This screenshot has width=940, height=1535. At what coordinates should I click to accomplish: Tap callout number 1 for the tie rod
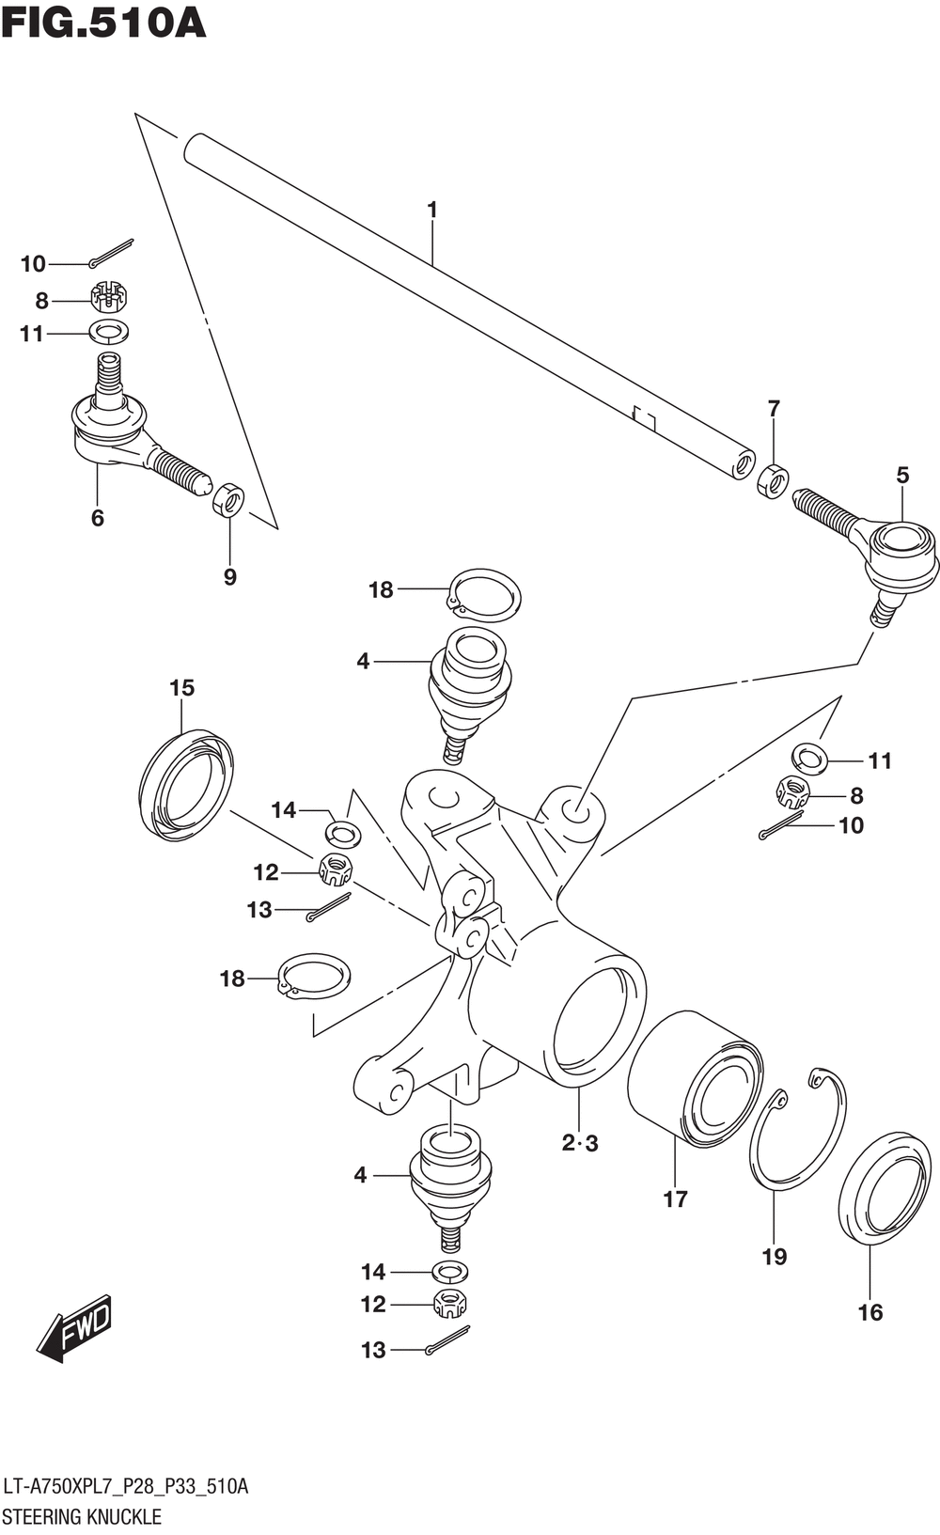tap(432, 210)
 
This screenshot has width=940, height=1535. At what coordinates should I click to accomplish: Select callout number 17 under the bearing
tap(675, 1198)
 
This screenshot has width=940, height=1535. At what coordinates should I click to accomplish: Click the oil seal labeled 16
tap(885, 1189)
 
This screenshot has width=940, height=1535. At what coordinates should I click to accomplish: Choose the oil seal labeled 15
tap(186, 782)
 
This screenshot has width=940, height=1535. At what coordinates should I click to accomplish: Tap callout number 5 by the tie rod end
tap(902, 476)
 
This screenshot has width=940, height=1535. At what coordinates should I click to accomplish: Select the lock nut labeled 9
tap(228, 500)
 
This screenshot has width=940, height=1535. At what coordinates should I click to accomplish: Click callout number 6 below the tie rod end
tap(98, 518)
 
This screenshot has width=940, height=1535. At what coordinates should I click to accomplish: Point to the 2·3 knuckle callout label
tap(580, 1143)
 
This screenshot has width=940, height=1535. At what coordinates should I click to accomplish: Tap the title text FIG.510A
tap(103, 23)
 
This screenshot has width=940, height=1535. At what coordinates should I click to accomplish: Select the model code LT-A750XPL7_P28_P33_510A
tap(125, 1486)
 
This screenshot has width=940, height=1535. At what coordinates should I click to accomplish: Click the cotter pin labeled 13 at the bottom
tap(447, 1339)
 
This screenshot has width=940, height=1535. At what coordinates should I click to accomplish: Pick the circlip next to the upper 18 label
tap(485, 595)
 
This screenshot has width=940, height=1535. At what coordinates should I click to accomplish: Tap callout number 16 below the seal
tap(870, 1312)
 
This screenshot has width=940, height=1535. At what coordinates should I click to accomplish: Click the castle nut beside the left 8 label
tap(109, 297)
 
